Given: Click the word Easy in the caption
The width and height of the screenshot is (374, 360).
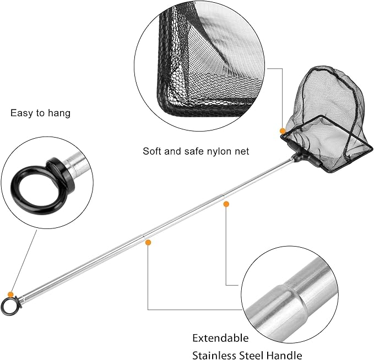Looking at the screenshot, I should tap(20, 113).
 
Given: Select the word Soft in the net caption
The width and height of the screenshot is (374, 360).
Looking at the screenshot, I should tap(153, 151).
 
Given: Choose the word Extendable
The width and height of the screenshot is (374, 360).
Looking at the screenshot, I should tap(220, 338).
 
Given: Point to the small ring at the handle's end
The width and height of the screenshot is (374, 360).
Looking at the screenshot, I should tap(8, 306).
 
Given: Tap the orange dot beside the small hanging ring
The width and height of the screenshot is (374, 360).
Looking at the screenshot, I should tap(10, 294).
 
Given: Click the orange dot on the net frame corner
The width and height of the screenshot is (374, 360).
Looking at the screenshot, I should tap(283, 132).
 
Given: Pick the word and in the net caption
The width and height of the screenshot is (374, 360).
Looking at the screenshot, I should tap(172, 151).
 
